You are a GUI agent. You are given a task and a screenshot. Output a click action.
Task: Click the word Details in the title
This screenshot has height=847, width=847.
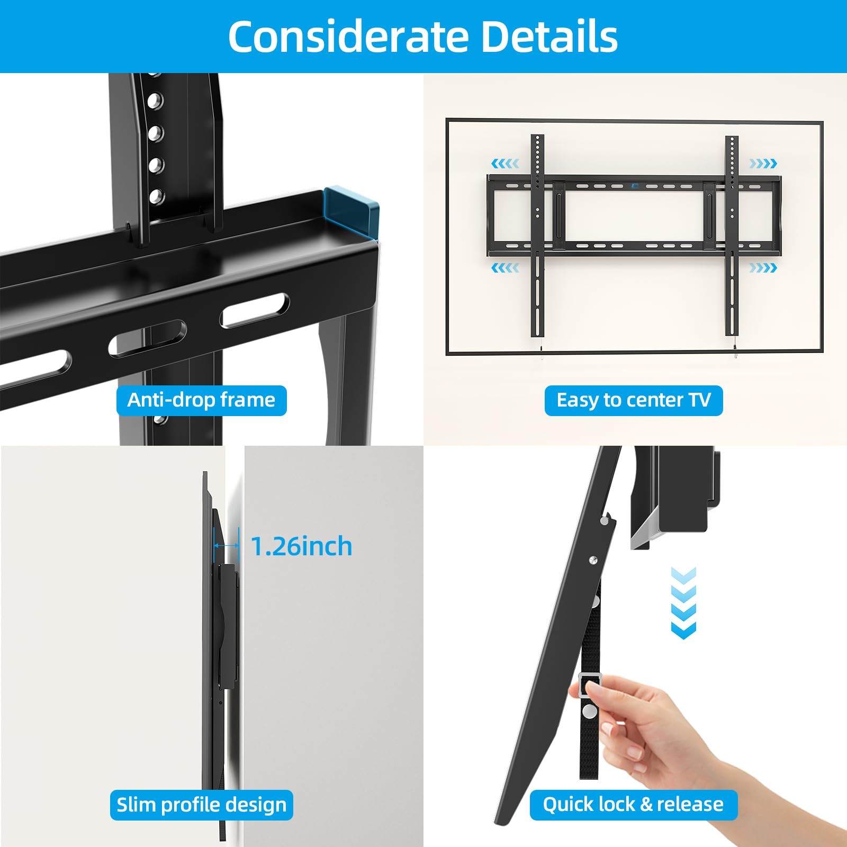[549, 37]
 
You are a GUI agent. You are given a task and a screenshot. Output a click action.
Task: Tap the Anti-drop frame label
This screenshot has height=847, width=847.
[201, 400]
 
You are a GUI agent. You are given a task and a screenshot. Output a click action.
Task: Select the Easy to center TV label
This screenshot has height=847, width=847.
[633, 400]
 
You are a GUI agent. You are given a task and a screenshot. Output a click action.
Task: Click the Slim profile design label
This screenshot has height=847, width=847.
[201, 805]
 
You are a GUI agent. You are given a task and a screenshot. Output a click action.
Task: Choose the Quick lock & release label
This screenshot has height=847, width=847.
[633, 805]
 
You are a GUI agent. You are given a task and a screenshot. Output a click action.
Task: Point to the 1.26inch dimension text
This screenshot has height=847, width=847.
[301, 546]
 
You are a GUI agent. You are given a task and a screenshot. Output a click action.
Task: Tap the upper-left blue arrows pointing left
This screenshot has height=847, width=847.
[505, 164]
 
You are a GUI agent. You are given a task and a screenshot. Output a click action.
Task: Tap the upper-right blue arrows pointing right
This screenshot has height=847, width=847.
[763, 164]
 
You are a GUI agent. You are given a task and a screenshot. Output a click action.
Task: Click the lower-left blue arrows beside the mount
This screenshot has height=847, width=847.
[505, 268]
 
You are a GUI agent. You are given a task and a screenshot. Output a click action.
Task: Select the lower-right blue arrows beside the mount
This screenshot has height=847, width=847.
[763, 268]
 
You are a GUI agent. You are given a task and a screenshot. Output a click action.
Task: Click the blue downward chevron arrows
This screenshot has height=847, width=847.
[683, 603]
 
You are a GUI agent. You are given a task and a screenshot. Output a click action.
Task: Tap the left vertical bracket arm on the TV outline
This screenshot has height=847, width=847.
[537, 236]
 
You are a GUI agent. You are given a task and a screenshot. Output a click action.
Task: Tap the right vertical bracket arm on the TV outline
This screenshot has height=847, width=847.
[732, 236]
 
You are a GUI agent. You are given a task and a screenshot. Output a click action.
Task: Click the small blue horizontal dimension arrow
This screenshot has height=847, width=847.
[226, 546]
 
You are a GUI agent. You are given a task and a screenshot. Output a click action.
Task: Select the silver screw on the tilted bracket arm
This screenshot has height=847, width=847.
[593, 560]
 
